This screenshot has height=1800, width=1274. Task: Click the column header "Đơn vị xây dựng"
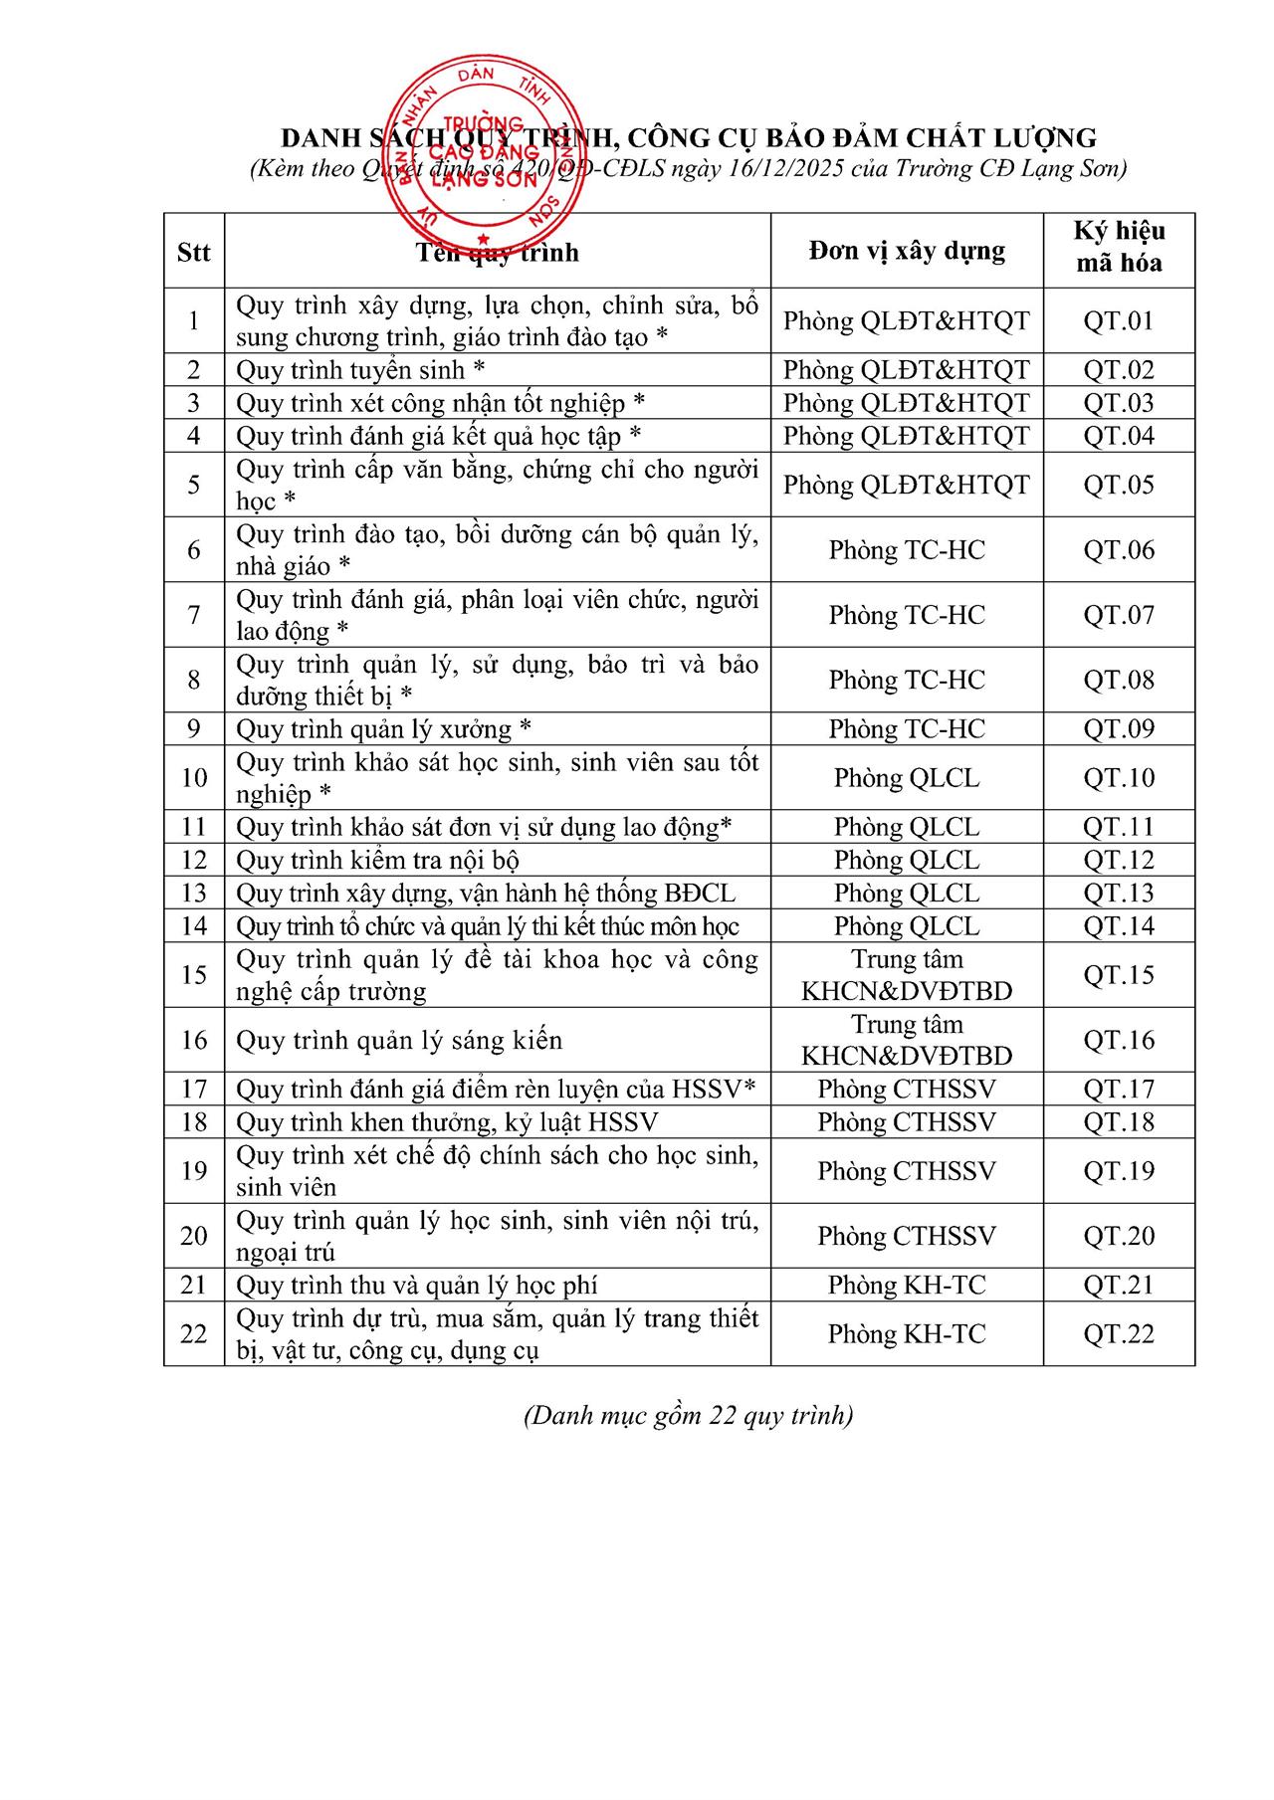point(906,251)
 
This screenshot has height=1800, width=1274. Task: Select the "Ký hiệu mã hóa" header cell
point(1119,248)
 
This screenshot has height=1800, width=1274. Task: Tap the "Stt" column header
point(193,252)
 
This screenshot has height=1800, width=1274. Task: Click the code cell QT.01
point(1119,320)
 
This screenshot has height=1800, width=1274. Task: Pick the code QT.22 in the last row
point(1119,1334)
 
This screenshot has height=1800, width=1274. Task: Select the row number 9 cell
point(193,729)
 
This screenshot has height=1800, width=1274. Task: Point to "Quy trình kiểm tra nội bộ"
point(377,860)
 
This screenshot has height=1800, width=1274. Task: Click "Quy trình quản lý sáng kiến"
point(399,1041)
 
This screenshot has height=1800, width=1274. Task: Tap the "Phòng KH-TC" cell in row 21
point(906,1286)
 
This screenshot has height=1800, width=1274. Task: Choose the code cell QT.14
point(1119,926)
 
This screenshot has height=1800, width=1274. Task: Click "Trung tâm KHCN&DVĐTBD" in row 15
point(906,975)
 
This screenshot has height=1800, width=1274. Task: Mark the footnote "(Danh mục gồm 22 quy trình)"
point(688,1415)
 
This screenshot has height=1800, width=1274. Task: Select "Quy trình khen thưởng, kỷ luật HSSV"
point(447,1122)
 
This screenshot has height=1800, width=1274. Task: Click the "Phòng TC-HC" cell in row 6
point(906,550)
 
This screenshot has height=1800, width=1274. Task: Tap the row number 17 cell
point(193,1090)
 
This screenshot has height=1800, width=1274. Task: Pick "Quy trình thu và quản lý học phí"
point(416,1286)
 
